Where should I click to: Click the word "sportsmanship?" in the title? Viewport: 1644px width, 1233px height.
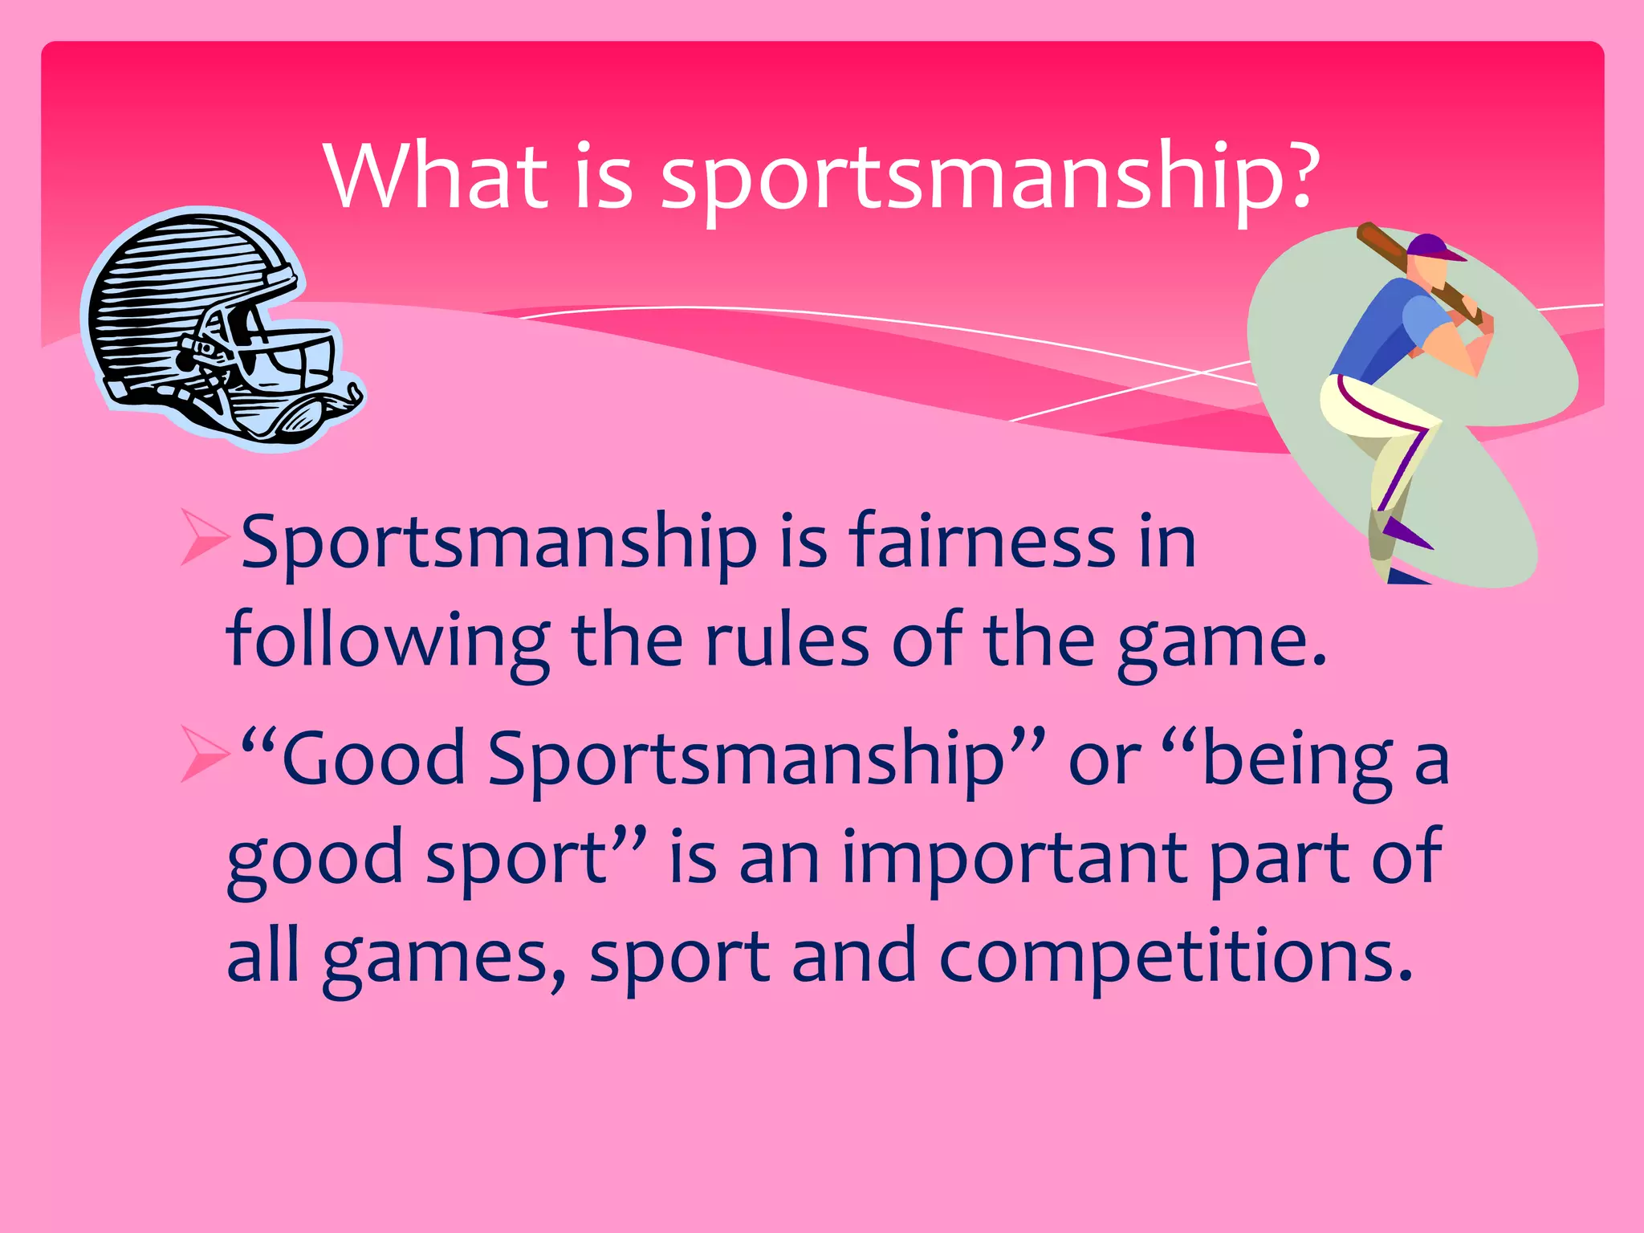click(x=988, y=178)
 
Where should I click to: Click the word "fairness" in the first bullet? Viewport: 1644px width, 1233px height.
click(x=983, y=542)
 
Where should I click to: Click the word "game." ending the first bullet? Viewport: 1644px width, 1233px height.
click(x=1221, y=642)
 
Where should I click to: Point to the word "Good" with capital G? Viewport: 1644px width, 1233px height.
click(x=373, y=759)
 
